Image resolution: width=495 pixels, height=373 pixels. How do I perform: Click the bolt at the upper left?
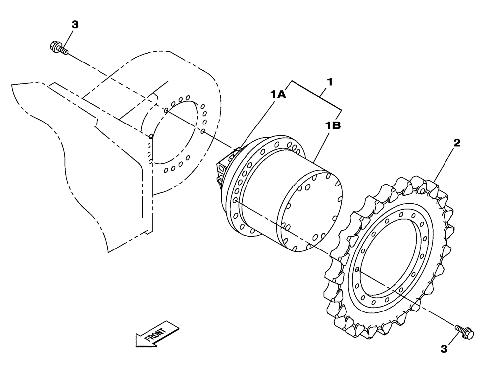point(58,48)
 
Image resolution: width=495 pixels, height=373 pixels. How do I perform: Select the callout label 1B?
point(333,126)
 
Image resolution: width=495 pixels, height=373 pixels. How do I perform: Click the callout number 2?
point(457,143)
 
